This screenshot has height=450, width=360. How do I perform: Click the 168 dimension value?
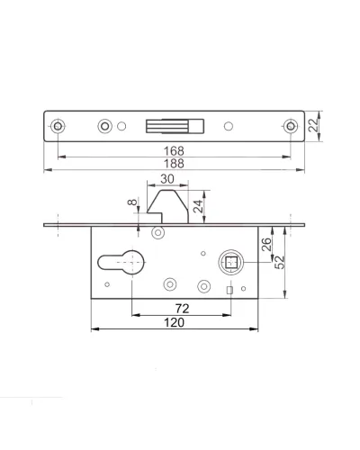point(174,150)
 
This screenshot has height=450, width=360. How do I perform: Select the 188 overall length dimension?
point(174,164)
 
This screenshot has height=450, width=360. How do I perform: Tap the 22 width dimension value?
point(313,125)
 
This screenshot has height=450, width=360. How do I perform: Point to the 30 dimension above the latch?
point(167,179)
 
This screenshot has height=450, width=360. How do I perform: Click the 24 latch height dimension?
point(198,206)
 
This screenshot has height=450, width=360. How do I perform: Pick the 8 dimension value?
point(132,202)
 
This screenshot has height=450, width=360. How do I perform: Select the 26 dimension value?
point(266,244)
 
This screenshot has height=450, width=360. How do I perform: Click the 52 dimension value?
point(279,262)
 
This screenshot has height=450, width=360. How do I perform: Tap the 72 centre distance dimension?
point(182,309)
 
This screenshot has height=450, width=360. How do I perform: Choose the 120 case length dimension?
point(174,323)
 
